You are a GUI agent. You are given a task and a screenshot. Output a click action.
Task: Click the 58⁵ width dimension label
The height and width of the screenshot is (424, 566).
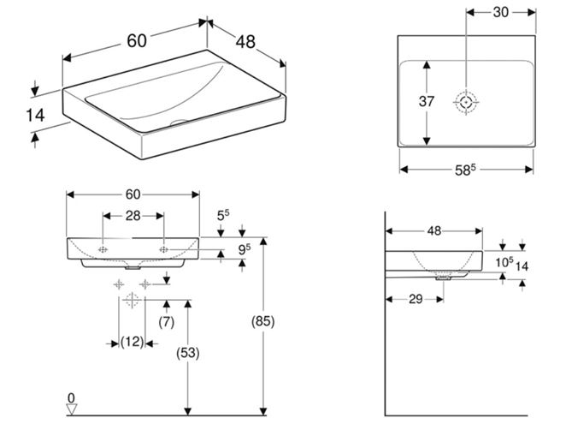pos(465,170)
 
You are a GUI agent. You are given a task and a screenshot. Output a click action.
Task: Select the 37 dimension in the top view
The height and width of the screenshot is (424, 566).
pos(427,101)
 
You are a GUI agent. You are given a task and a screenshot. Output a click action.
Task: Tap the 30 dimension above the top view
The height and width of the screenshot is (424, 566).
pos(501,12)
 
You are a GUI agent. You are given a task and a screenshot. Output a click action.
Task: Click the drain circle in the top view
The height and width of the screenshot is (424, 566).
pos(466,102)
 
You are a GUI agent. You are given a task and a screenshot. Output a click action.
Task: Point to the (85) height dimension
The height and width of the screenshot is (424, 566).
pos(262,321)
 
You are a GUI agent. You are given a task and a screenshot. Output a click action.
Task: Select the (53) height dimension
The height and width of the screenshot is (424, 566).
pos(188,353)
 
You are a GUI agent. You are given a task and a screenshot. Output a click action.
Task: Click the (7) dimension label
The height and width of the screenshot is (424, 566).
pos(167,321)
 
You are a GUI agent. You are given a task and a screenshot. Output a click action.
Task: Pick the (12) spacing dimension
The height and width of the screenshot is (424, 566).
pos(132,342)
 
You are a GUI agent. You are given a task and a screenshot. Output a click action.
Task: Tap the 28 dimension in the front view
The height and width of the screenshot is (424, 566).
pos(133,216)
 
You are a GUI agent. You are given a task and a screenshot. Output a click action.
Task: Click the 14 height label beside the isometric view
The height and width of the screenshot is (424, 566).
pos(35,116)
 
